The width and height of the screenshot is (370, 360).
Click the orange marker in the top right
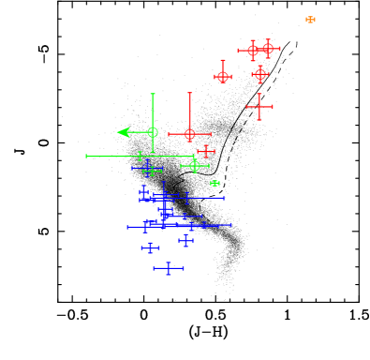tap(310, 20)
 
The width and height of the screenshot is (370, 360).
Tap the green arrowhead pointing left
tap(123, 132)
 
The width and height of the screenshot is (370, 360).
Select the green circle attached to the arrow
tap(153, 132)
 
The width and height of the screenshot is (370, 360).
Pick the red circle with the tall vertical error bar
tap(189, 134)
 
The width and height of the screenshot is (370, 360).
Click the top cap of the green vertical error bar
tap(153, 94)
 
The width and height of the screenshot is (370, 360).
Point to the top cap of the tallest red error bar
tap(189, 93)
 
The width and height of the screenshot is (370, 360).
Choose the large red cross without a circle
tap(259, 107)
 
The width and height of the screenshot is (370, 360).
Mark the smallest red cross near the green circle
tap(206, 151)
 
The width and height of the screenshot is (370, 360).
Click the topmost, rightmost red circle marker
tap(268, 48)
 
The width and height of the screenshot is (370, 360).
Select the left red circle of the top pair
tap(252, 51)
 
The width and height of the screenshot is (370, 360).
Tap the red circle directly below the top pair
tap(260, 73)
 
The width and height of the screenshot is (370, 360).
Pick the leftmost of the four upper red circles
tap(223, 76)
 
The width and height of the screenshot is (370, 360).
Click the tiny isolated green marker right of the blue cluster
tap(215, 183)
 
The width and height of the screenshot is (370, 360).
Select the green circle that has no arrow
tap(195, 166)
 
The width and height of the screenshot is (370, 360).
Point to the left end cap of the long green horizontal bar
tap(87, 157)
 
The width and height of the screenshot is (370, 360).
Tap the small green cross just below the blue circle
tap(152, 172)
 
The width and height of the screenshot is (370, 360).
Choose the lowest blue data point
tap(169, 268)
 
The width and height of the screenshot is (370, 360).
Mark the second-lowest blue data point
tap(150, 248)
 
